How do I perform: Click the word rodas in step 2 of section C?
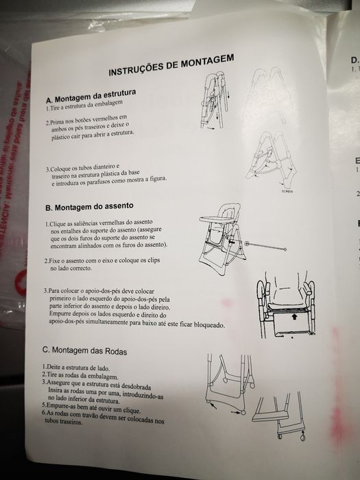coord(75,376)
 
